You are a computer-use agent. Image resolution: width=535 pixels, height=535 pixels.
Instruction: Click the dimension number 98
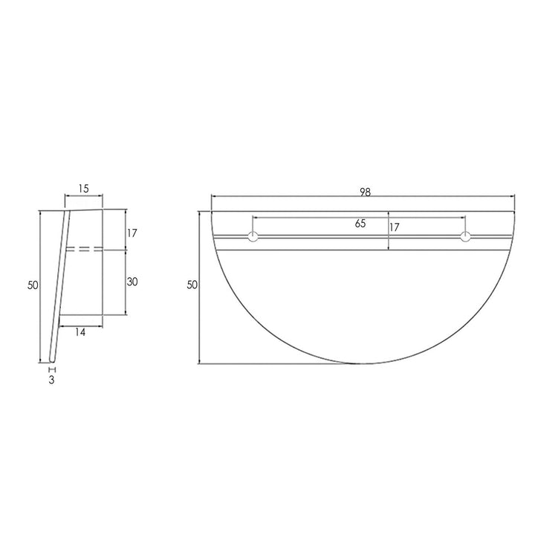[365, 192]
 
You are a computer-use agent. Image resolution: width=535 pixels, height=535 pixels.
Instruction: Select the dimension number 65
[360, 224]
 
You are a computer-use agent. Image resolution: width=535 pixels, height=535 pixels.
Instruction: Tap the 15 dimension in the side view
[83, 188]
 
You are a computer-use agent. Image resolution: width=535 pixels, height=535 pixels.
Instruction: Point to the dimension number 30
[132, 282]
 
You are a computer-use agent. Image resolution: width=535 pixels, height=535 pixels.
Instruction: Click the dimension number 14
[80, 332]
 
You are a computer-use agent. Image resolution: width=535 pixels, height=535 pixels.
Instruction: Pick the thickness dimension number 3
[51, 380]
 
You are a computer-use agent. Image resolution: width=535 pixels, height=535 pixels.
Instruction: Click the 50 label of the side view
[33, 285]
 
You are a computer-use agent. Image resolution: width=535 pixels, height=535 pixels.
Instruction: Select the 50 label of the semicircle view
[192, 285]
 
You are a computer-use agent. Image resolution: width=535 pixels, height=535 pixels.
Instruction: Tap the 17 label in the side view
[132, 233]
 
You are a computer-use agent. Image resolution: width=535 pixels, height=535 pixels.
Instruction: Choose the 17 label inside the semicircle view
[394, 227]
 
